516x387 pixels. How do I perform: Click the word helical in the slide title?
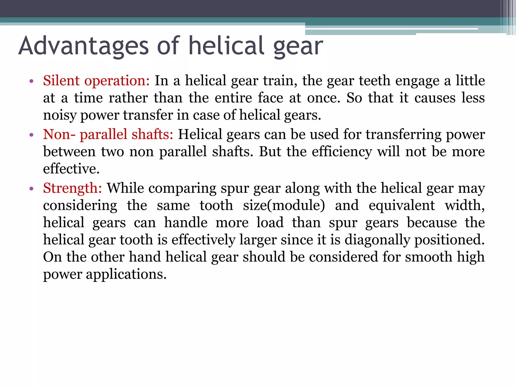pyautogui.click(x=227, y=46)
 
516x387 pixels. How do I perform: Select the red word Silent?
pyautogui.click(x=61, y=81)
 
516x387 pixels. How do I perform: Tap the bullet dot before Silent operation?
pyautogui.click(x=31, y=81)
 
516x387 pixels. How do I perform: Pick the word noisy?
pyautogui.click(x=59, y=115)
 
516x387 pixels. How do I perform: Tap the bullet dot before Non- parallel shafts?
pyautogui.click(x=31, y=135)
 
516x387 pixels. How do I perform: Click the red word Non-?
pyautogui.click(x=59, y=134)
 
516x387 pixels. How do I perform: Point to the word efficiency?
pyautogui.click(x=342, y=152)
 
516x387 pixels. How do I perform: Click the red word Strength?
pyautogui.click(x=72, y=188)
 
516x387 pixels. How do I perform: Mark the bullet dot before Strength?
pyautogui.click(x=31, y=189)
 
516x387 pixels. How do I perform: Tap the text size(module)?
pyautogui.click(x=284, y=205)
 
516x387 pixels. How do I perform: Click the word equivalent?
pyautogui.click(x=402, y=205)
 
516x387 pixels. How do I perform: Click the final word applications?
pyautogui.click(x=126, y=274)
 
